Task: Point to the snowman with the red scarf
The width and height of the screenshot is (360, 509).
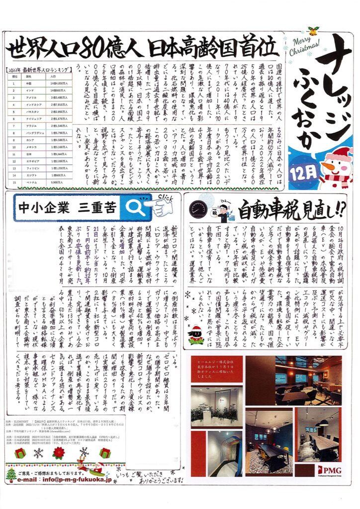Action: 340,167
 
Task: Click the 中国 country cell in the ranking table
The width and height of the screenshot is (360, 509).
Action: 29,84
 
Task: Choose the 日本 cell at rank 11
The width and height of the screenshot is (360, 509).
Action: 29,154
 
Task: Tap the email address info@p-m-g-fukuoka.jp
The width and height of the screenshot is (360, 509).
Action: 64,480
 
